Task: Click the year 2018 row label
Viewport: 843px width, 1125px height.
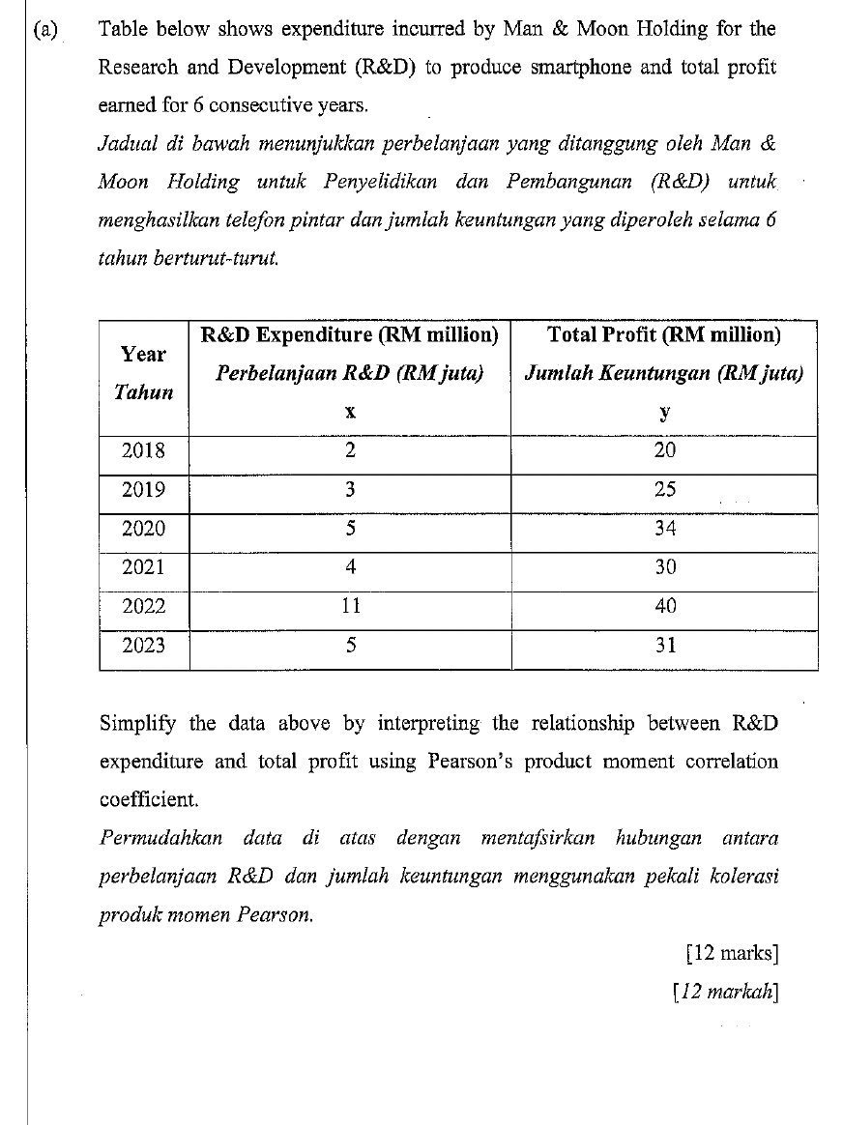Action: pos(143,450)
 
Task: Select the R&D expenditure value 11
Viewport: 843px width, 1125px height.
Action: pos(350,606)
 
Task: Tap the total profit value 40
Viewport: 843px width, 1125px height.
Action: pos(664,606)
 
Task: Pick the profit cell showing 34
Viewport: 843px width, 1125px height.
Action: pos(664,529)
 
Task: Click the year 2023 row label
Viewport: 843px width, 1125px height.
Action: pos(143,645)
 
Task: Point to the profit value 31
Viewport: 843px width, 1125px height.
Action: pos(664,645)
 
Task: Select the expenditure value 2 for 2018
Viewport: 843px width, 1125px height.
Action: pos(350,450)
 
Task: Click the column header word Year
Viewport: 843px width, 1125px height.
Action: pos(143,354)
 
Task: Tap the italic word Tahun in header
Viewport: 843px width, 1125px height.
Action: pos(143,392)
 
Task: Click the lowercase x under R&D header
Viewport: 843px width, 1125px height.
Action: pos(350,413)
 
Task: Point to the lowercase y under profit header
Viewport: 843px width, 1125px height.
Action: pos(664,413)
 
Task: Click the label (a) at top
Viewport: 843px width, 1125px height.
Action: pos(44,29)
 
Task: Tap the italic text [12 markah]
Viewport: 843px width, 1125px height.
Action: pos(725,991)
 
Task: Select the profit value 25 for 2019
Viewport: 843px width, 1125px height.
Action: pos(664,489)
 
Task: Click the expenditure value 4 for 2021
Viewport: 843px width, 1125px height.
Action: pos(350,567)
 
